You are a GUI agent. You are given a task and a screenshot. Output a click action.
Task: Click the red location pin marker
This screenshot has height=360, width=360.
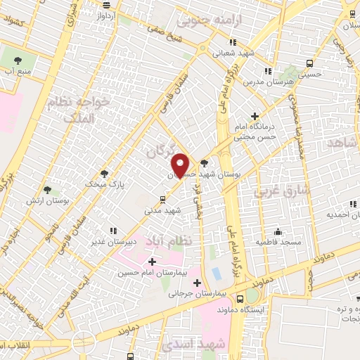(181, 165)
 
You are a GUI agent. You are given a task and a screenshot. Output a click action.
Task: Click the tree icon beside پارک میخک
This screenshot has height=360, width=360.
(105, 173)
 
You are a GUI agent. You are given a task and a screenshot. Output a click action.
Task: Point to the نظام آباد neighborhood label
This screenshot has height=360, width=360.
(168, 240)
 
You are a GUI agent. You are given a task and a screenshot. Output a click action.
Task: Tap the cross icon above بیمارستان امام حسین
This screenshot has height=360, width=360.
(152, 262)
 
